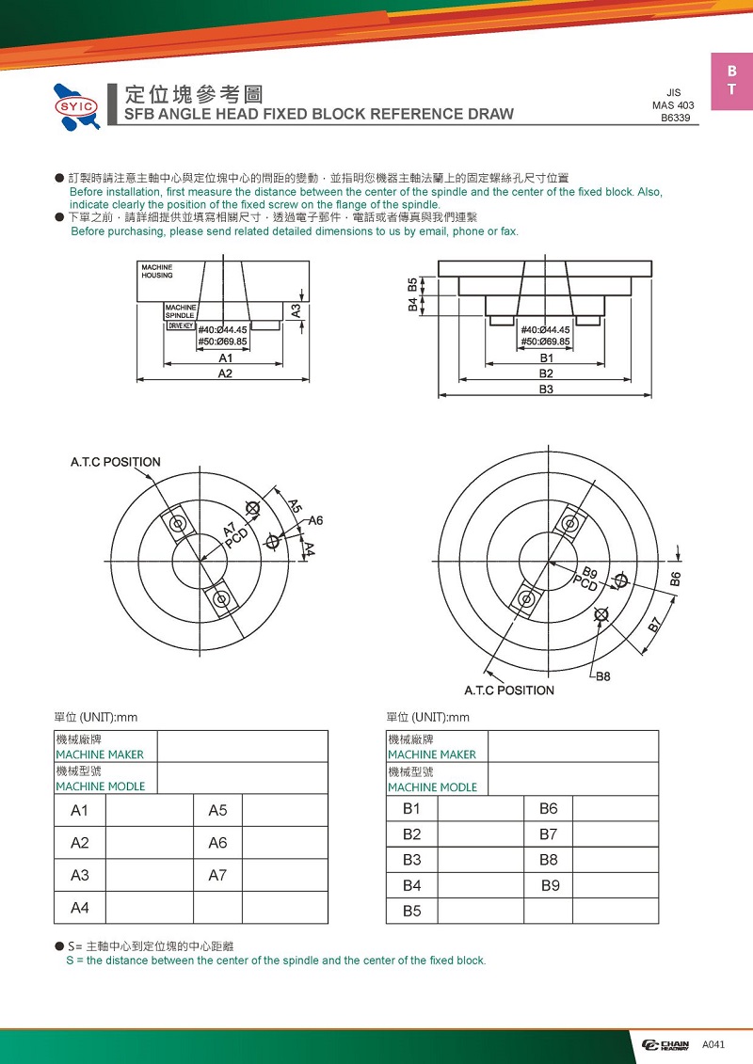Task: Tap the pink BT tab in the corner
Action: coord(731,81)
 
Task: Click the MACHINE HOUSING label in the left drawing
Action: coord(157,272)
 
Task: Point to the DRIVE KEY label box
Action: coord(180,326)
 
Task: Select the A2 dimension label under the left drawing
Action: coord(225,373)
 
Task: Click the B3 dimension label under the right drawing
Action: coord(546,389)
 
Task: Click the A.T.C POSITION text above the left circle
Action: coord(116,462)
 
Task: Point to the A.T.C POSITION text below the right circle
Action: coord(509,691)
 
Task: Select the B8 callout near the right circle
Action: coord(602,676)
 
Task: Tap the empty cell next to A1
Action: coord(149,811)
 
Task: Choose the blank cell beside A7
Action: coord(284,875)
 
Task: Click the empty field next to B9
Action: coord(615,885)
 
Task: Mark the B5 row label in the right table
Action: coord(412,911)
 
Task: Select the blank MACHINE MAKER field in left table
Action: coord(242,746)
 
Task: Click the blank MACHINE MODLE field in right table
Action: coord(572,779)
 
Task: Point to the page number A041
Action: coord(714,1045)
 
